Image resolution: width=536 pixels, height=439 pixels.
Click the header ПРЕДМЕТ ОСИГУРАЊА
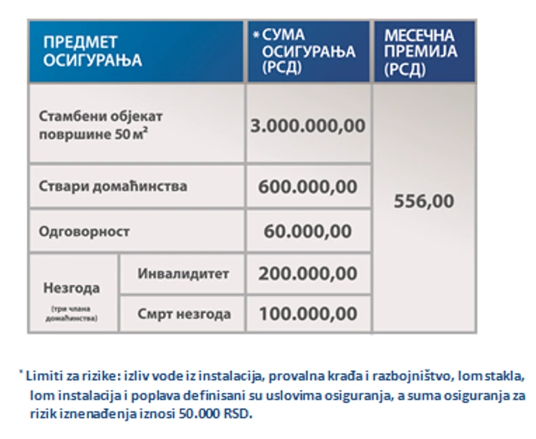pyautogui.click(x=92, y=51)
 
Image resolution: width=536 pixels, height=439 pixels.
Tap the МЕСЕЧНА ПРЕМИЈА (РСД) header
pyautogui.click(x=421, y=51)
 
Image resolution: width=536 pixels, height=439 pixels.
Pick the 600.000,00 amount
pyautogui.click(x=308, y=186)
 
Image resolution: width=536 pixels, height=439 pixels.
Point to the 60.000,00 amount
pyautogui.click(x=308, y=231)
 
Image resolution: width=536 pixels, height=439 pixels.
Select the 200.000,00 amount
pyautogui.click(x=308, y=274)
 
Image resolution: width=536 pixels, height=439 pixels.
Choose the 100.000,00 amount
pyautogui.click(x=308, y=314)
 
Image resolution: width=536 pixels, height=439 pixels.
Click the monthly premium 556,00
pyautogui.click(x=424, y=202)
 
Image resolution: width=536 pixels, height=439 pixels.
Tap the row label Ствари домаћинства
pyautogui.click(x=113, y=186)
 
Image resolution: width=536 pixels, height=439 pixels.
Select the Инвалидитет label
pyautogui.click(x=183, y=274)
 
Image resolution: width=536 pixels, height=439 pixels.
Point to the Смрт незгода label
pyautogui.click(x=184, y=314)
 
